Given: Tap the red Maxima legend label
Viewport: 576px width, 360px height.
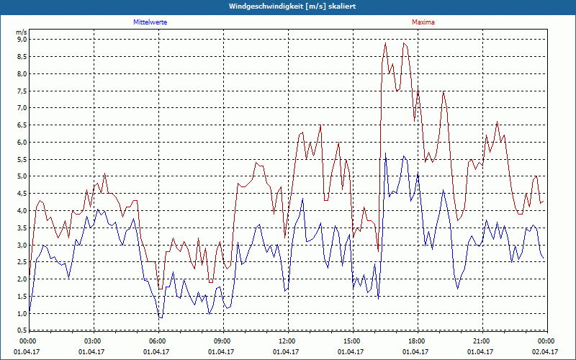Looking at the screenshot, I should click(x=423, y=22).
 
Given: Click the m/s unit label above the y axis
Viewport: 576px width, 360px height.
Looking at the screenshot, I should click(x=21, y=32).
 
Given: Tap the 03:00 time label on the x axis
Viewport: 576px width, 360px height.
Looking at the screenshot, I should click(x=93, y=341).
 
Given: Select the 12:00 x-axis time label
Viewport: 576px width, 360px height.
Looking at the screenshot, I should click(x=287, y=341).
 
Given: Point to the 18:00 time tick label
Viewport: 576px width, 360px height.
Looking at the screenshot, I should click(x=416, y=341).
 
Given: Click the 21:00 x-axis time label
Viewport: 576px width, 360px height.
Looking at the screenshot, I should click(x=481, y=341).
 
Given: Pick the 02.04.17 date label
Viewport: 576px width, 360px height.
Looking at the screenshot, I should click(x=545, y=351).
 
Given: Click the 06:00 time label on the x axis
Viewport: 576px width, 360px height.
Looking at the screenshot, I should click(x=158, y=341).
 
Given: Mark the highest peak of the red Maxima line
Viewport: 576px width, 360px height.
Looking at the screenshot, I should click(x=385, y=43).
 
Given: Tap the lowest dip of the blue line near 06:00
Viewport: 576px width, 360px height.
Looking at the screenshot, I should click(x=161, y=318).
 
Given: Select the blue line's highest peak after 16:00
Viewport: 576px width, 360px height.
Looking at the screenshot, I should click(x=386, y=153).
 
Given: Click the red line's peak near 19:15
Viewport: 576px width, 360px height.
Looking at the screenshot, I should click(x=444, y=91).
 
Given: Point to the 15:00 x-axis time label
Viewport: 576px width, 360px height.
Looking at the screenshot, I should click(x=351, y=341).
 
